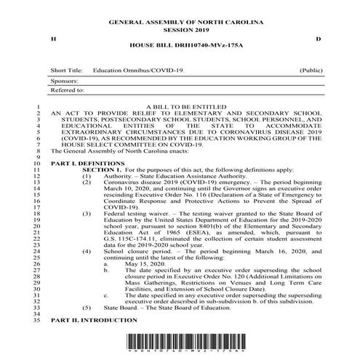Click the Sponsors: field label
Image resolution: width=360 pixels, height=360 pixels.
click(65, 81)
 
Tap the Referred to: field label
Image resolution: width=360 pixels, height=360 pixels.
click(68, 90)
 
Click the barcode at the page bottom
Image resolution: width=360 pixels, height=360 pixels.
click(180, 344)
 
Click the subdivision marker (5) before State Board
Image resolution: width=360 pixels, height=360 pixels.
click(87, 308)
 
